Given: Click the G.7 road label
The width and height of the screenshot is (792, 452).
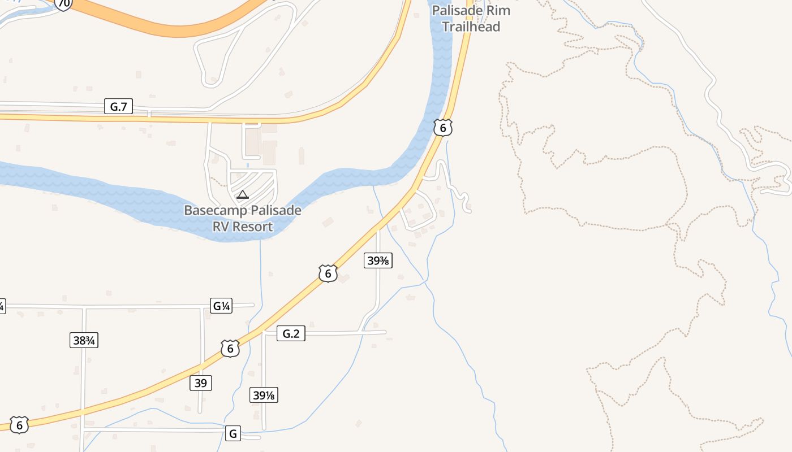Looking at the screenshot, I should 118,106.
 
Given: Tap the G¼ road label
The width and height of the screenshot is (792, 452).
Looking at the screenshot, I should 221,306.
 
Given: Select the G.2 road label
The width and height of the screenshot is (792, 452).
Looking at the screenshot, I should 291,333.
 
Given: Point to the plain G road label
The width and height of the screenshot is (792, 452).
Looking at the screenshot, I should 233,434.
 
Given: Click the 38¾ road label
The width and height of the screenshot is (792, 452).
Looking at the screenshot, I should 84,340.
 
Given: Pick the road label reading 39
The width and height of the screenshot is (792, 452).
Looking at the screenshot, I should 200,383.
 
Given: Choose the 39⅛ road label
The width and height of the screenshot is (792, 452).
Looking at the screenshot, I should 264,395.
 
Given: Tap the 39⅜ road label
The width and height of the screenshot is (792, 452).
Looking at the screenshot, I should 378,260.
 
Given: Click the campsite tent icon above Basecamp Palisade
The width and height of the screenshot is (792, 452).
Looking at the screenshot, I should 243,195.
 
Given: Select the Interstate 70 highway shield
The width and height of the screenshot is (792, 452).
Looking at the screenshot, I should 64,4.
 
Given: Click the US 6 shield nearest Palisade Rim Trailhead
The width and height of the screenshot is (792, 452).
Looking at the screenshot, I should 443,128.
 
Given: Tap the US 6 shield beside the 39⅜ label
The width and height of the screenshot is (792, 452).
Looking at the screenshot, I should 328,273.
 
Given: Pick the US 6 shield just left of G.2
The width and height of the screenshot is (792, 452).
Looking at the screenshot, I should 230,349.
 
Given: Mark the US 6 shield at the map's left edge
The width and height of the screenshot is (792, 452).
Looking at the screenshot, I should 19,424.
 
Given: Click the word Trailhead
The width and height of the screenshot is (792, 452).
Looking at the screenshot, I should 471,27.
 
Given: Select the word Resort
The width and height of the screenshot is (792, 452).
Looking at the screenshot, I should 252,227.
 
